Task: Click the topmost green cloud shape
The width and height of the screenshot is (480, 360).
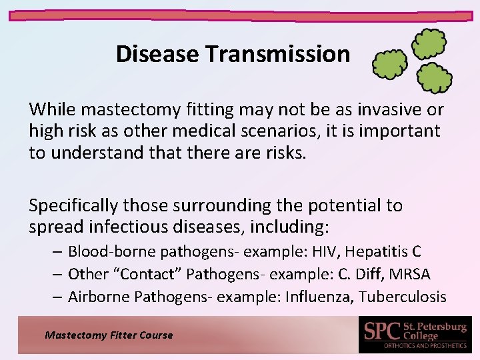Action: pos(429,44)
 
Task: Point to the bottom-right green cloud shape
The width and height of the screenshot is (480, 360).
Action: pos(435,78)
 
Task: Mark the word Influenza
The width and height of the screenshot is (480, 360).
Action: pos(318,297)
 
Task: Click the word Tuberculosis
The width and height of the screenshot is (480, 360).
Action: pos(402,297)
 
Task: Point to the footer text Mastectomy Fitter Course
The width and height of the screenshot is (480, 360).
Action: pos(109,335)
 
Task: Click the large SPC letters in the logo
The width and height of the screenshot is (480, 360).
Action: pos(382,331)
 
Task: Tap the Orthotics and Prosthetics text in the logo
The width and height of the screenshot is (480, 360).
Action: pos(424,345)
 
